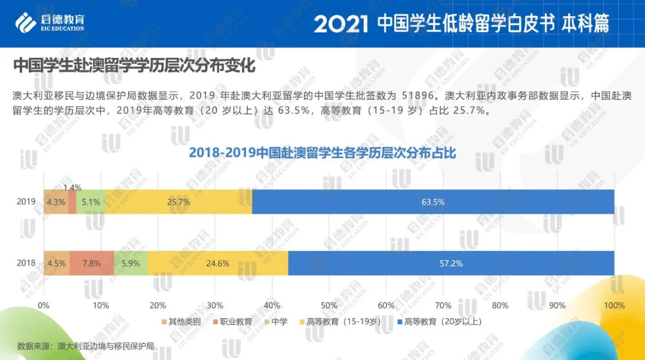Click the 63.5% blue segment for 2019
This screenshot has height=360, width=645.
[433, 202]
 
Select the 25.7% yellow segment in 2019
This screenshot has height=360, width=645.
[179, 202]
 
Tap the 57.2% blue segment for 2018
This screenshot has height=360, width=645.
[451, 263]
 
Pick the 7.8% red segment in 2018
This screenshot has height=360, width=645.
[91, 263]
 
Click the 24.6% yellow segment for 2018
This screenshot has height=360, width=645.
[218, 263]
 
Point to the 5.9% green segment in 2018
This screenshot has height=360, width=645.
[131, 263]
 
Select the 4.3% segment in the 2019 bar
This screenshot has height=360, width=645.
[56, 202]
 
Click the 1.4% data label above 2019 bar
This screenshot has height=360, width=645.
[72, 187]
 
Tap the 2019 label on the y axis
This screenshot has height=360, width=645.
[26, 202]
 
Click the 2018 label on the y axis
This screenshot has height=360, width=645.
[26, 263]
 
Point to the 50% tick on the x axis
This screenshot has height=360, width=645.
[329, 306]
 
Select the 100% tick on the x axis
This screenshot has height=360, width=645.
[614, 306]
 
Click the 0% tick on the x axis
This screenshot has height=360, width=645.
[44, 306]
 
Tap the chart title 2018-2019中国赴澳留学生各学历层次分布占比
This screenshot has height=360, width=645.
[322, 153]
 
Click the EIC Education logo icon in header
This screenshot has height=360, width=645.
[25, 22]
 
